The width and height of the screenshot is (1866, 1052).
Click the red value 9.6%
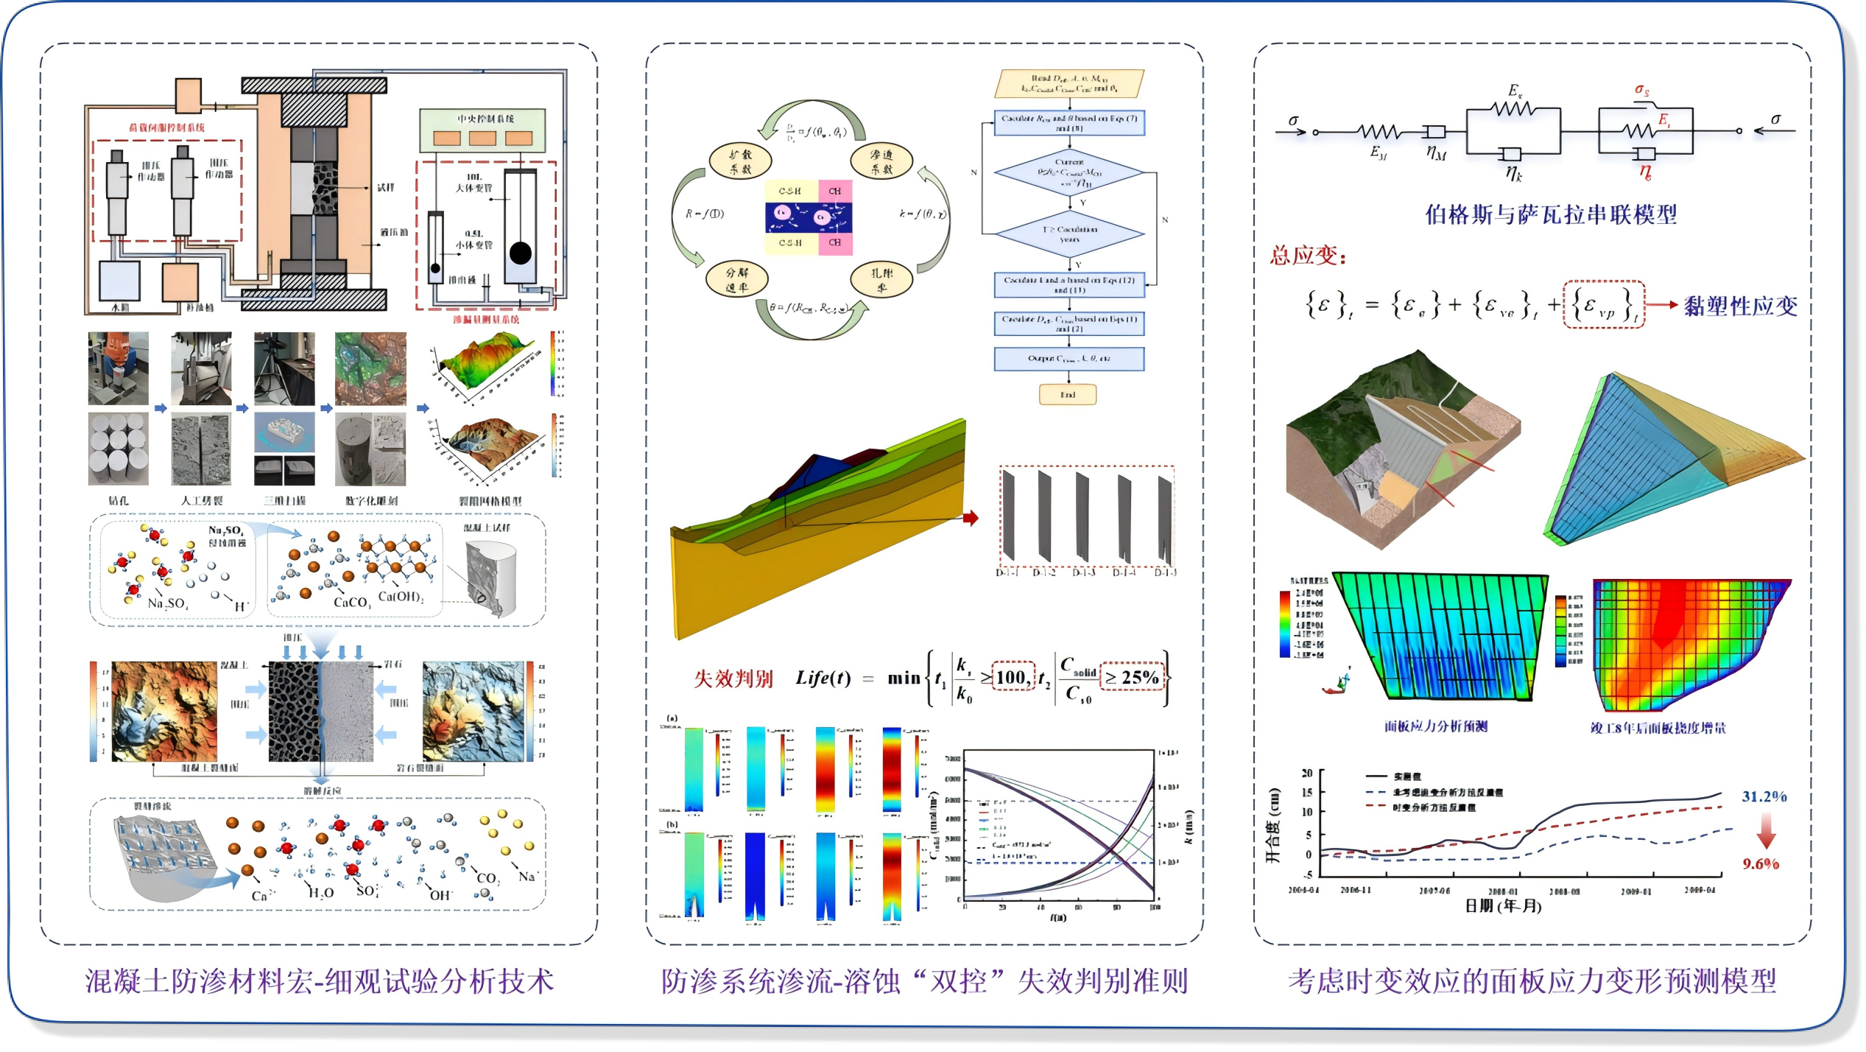tap(1760, 863)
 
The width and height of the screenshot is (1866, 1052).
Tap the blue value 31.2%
tap(1764, 796)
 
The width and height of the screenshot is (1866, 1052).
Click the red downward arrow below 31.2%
tap(1766, 831)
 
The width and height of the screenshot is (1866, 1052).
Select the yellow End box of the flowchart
tap(1067, 395)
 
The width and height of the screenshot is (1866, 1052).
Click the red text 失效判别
tap(733, 678)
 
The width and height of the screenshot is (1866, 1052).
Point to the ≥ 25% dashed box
tap(1133, 677)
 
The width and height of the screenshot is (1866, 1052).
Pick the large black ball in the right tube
tap(520, 253)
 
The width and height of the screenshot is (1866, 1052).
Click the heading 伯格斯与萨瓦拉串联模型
tap(1551, 214)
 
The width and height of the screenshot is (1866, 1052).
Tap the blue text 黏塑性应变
tap(1740, 306)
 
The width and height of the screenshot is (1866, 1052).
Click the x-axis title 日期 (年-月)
tap(1503, 905)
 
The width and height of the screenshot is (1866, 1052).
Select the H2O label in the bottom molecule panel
tap(321, 893)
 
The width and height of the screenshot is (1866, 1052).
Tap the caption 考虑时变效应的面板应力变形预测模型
tap(1532, 981)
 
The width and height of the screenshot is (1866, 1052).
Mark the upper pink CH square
tap(835, 191)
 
